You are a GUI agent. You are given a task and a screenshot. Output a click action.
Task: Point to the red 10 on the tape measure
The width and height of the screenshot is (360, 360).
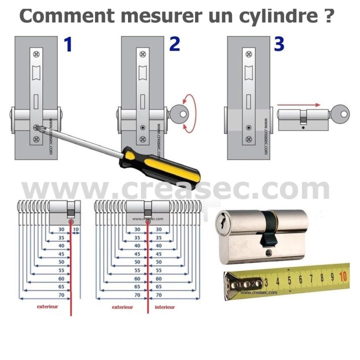click(343, 276)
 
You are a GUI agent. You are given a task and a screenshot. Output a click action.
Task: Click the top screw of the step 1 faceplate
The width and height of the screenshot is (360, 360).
click(36, 53)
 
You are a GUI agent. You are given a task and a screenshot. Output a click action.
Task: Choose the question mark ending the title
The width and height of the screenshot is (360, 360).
click(326, 15)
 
